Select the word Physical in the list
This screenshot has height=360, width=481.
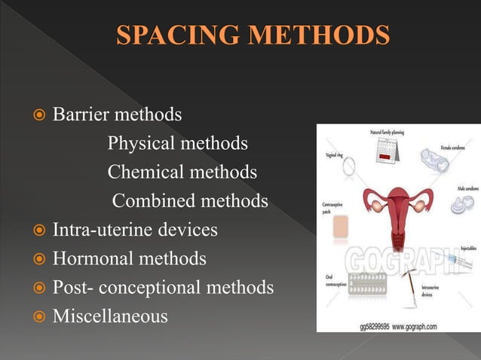tap(139, 143)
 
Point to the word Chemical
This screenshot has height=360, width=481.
tap(144, 172)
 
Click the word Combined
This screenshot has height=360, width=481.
tap(152, 201)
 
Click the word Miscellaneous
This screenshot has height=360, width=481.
tap(110, 316)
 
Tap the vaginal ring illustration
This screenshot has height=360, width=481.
tap(350, 168)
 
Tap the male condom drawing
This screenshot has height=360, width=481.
tap(461, 204)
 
